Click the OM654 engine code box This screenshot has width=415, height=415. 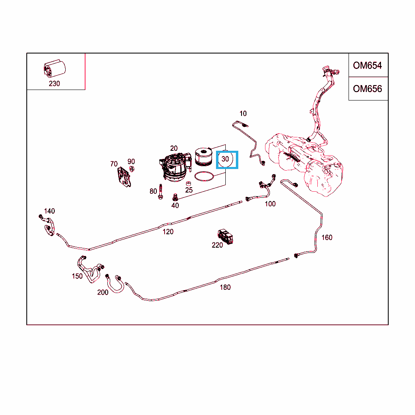click(x=368, y=65)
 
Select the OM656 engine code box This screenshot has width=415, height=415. click(x=368, y=89)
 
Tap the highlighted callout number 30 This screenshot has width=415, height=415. click(x=225, y=159)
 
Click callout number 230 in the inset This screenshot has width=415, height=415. click(x=54, y=83)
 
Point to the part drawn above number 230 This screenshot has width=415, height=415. click(x=55, y=68)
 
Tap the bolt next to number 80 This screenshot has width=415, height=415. click(x=161, y=192)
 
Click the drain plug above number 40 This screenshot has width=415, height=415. click(x=175, y=197)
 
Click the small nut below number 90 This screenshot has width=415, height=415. click(x=131, y=169)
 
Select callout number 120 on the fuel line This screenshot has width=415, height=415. click(x=168, y=231)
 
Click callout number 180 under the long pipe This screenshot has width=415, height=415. click(x=225, y=287)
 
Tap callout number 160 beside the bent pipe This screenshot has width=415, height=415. click(x=327, y=237)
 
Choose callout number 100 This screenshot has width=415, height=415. click(x=270, y=204)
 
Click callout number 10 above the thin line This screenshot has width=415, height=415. click(x=243, y=113)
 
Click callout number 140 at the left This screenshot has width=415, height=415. click(x=49, y=211)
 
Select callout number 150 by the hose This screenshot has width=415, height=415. click(x=77, y=276)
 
